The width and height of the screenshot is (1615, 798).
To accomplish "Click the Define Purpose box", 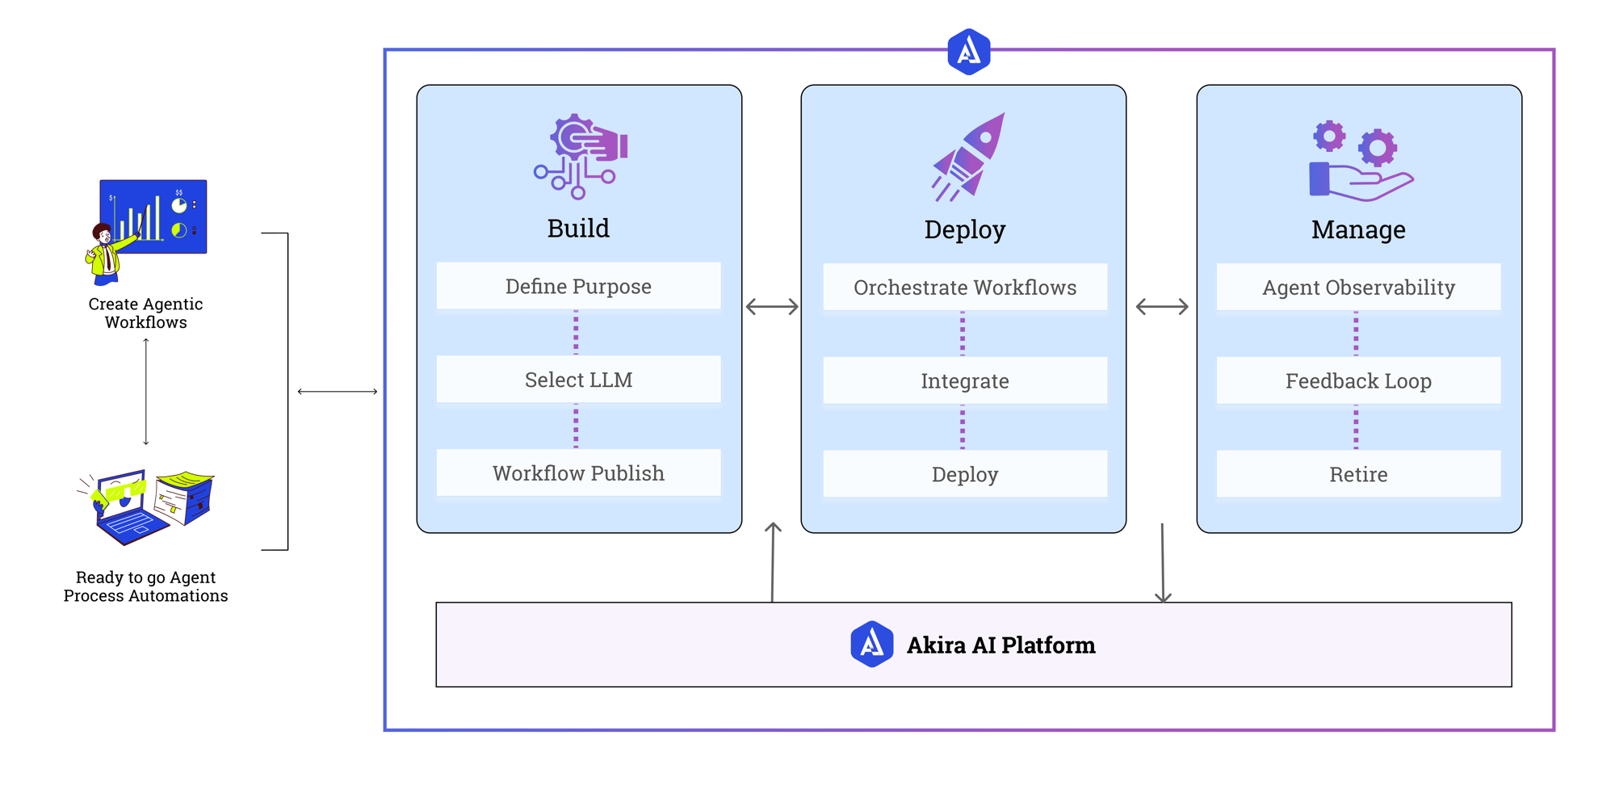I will click(x=578, y=286).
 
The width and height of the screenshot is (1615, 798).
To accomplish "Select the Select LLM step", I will click(x=578, y=380).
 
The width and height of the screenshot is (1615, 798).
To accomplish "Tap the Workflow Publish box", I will click(x=578, y=473).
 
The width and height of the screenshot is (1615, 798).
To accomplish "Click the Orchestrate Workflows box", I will click(x=965, y=288).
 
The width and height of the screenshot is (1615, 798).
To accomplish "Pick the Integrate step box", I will click(x=965, y=381).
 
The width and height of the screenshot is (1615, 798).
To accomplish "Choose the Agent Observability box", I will click(x=1358, y=288).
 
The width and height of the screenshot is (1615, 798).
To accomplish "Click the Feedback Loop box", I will click(x=1358, y=381).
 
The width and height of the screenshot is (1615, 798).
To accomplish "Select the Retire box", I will click(x=1358, y=475).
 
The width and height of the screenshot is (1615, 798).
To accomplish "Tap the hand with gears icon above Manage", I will click(x=1360, y=162).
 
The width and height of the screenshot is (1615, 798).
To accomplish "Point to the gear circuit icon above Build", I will click(x=580, y=157).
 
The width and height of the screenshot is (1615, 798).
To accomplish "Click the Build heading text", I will click(x=578, y=229).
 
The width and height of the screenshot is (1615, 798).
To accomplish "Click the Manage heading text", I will click(x=1358, y=230).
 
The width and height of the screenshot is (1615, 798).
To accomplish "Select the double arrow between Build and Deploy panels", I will click(x=772, y=307).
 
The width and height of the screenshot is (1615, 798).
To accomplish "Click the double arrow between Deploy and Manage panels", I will click(x=1162, y=307).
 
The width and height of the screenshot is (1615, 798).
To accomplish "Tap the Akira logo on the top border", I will click(x=969, y=52).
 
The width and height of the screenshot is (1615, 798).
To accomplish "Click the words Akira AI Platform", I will click(x=1000, y=645).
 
